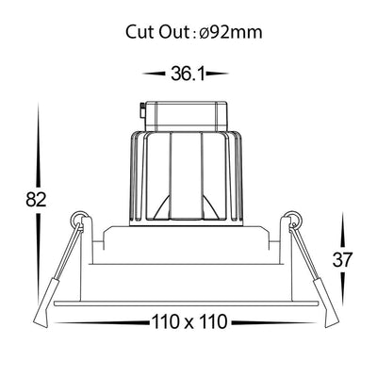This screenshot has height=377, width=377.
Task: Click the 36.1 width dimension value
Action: pos(188,74)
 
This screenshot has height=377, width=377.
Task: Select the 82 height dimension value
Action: pos(36,199)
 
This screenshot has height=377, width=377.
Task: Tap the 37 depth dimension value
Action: pos(343,259)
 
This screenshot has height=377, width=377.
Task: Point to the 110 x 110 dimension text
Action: pos(189,321)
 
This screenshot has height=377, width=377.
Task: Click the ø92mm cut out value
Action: pos(231,32)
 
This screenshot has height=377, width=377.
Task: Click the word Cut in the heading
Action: pos(140,32)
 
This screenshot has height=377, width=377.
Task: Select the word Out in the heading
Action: pos(173,32)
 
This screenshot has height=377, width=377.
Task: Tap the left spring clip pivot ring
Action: pos(78,218)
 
